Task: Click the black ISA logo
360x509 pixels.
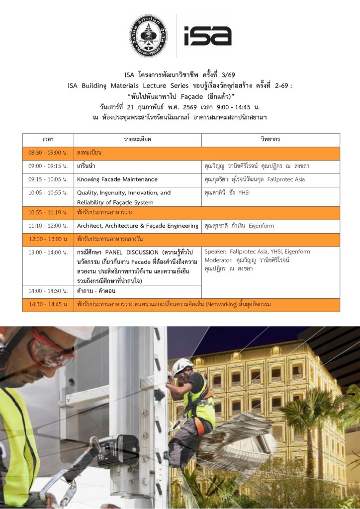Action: click(x=207, y=35)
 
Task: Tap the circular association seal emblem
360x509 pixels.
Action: click(x=148, y=35)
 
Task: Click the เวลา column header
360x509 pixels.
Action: click(x=48, y=140)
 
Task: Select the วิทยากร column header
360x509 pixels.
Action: click(x=270, y=140)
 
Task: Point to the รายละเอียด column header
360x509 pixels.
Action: click(x=137, y=140)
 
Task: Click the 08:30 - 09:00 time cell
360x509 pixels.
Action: click(x=48, y=153)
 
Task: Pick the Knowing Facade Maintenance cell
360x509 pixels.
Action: click(x=117, y=179)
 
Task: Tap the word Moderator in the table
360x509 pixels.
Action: click(x=218, y=260)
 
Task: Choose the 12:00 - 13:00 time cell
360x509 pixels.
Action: click(x=48, y=240)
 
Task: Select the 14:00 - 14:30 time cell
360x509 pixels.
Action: click(x=48, y=291)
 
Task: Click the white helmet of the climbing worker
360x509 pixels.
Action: click(x=182, y=365)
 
